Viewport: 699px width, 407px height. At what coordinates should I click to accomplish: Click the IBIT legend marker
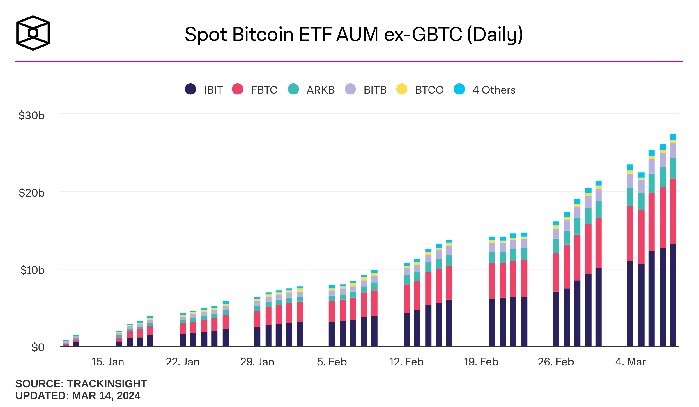tap(190, 89)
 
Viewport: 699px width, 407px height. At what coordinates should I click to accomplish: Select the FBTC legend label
tap(264, 90)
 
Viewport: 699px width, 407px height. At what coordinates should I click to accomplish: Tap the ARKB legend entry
tap(320, 90)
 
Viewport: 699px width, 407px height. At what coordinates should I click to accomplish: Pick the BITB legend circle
tap(350, 89)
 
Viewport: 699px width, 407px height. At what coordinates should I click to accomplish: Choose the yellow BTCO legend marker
tap(402, 89)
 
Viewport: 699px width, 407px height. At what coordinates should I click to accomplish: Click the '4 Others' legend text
tap(494, 90)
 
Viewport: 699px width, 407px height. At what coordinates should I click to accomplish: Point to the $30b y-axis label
tap(31, 116)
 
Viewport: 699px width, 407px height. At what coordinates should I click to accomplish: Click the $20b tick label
tap(31, 193)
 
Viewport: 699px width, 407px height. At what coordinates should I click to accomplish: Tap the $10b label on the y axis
tap(32, 270)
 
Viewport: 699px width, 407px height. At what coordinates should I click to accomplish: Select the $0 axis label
tap(38, 347)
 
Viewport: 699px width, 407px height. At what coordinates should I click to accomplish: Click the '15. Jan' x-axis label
tap(108, 362)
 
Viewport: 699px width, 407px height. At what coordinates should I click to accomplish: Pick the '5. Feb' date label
tap(332, 362)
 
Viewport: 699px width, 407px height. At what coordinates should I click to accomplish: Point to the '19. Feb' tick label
tap(481, 362)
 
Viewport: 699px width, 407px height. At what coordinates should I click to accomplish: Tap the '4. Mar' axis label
tap(630, 362)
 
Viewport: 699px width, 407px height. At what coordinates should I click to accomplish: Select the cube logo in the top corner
tap(33, 33)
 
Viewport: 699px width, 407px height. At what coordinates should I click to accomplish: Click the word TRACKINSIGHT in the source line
tap(107, 384)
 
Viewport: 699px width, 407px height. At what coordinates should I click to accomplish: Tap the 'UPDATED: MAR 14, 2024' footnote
tap(78, 396)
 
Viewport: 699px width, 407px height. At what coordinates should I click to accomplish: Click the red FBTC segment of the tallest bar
tap(673, 211)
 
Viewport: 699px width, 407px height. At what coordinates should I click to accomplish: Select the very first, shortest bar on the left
tap(66, 344)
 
